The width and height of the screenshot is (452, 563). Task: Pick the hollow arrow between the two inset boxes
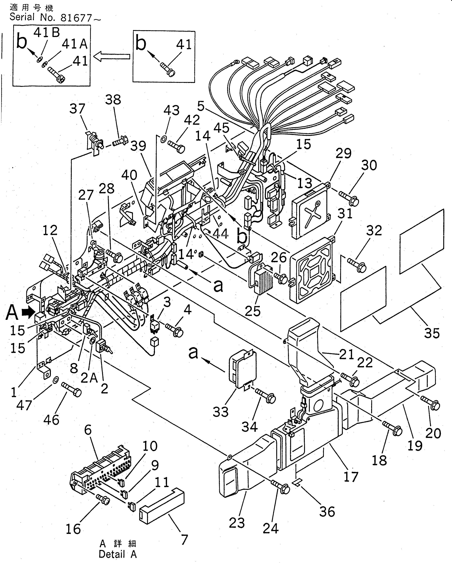[x=112, y=56]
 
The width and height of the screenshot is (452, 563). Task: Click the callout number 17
[x=351, y=477]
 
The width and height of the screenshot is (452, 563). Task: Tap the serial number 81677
[x=76, y=18]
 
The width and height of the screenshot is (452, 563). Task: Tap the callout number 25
[x=252, y=311]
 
